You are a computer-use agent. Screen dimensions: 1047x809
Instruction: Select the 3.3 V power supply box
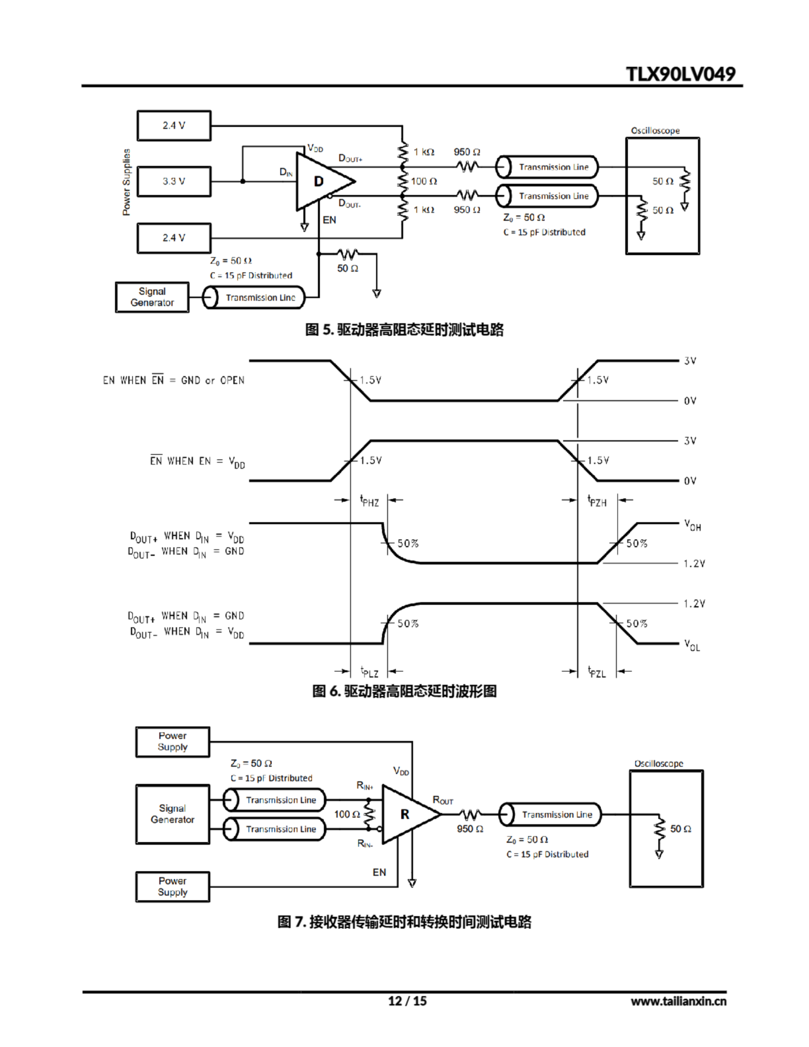(173, 181)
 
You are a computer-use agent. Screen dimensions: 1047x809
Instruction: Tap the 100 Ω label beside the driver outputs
(424, 181)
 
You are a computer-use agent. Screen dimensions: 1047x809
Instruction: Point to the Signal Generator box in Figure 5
(152, 297)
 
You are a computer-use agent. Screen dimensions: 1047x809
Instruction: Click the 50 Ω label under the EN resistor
(348, 268)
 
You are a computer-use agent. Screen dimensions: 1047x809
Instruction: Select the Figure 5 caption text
(404, 330)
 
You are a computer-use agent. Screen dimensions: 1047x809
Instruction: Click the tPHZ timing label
(369, 501)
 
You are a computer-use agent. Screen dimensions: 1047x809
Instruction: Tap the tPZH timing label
(597, 501)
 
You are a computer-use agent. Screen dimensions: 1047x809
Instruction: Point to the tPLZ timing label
(369, 672)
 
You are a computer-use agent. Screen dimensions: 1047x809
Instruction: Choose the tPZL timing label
(597, 672)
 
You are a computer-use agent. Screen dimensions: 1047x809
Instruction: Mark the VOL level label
(692, 645)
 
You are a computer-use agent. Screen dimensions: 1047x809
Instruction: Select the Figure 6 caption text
(404, 691)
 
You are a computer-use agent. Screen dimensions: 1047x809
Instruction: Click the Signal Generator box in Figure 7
(173, 814)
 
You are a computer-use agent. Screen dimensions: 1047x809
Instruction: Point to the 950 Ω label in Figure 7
(470, 829)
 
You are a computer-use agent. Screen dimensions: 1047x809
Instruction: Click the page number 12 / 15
(407, 1001)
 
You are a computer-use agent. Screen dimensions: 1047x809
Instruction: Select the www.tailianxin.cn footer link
(678, 1001)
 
